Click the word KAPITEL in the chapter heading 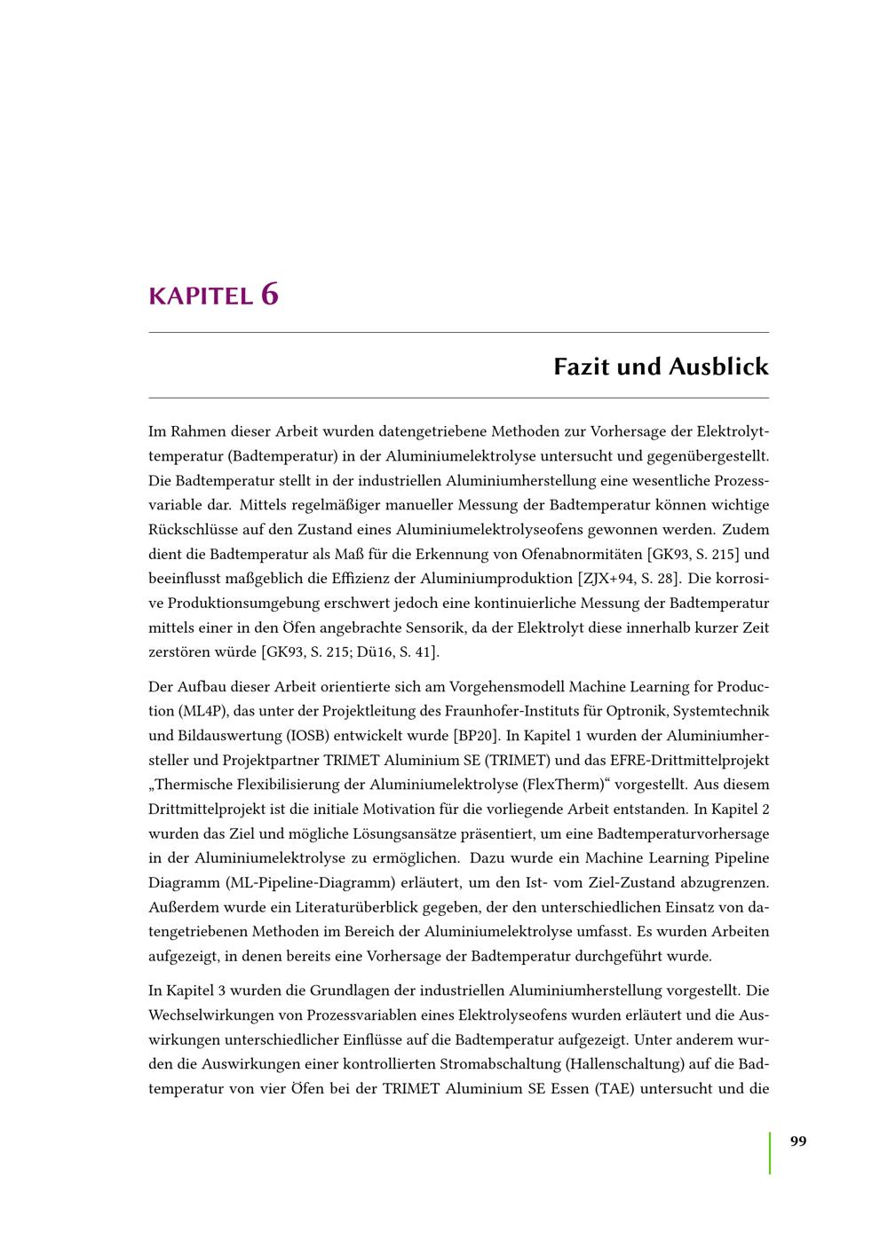pyautogui.click(x=201, y=296)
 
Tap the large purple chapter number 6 pyautogui.click(x=270, y=294)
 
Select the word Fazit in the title pyautogui.click(x=583, y=367)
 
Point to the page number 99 pyautogui.click(x=798, y=1141)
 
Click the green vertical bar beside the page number pyautogui.click(x=770, y=1152)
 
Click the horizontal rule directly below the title pyautogui.click(x=458, y=398)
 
